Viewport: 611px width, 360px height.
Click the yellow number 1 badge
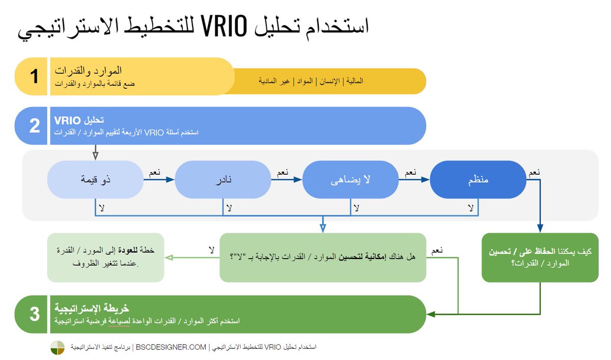[x=34, y=76]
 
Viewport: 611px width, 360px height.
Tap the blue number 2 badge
[x=34, y=125]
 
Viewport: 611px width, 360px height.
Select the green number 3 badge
[x=34, y=314]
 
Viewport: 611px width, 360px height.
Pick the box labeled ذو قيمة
[x=95, y=180]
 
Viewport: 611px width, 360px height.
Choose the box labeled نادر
[x=222, y=180]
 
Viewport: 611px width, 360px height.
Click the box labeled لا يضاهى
[x=350, y=180]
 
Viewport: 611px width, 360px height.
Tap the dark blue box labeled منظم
[x=478, y=180]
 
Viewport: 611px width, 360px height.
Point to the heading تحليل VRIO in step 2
[x=79, y=120]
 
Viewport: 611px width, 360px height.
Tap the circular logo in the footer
[x=58, y=348]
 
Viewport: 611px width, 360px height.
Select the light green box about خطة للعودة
[x=106, y=258]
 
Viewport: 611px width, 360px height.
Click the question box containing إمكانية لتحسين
[x=323, y=258]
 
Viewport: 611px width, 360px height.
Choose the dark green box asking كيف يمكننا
[x=540, y=258]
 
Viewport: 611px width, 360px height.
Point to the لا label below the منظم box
[x=470, y=208]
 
